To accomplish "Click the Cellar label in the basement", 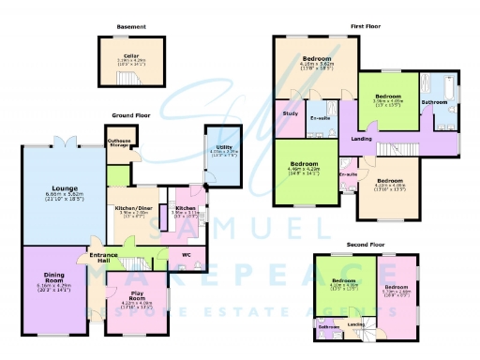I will [130, 56].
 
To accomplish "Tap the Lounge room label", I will [64, 187].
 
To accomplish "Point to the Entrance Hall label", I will [103, 258].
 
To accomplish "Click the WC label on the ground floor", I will [186, 254].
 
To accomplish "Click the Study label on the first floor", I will [289, 114].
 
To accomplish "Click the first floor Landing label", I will [360, 140].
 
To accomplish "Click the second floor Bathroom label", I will [327, 326].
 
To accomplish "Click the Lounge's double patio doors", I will [66, 142].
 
